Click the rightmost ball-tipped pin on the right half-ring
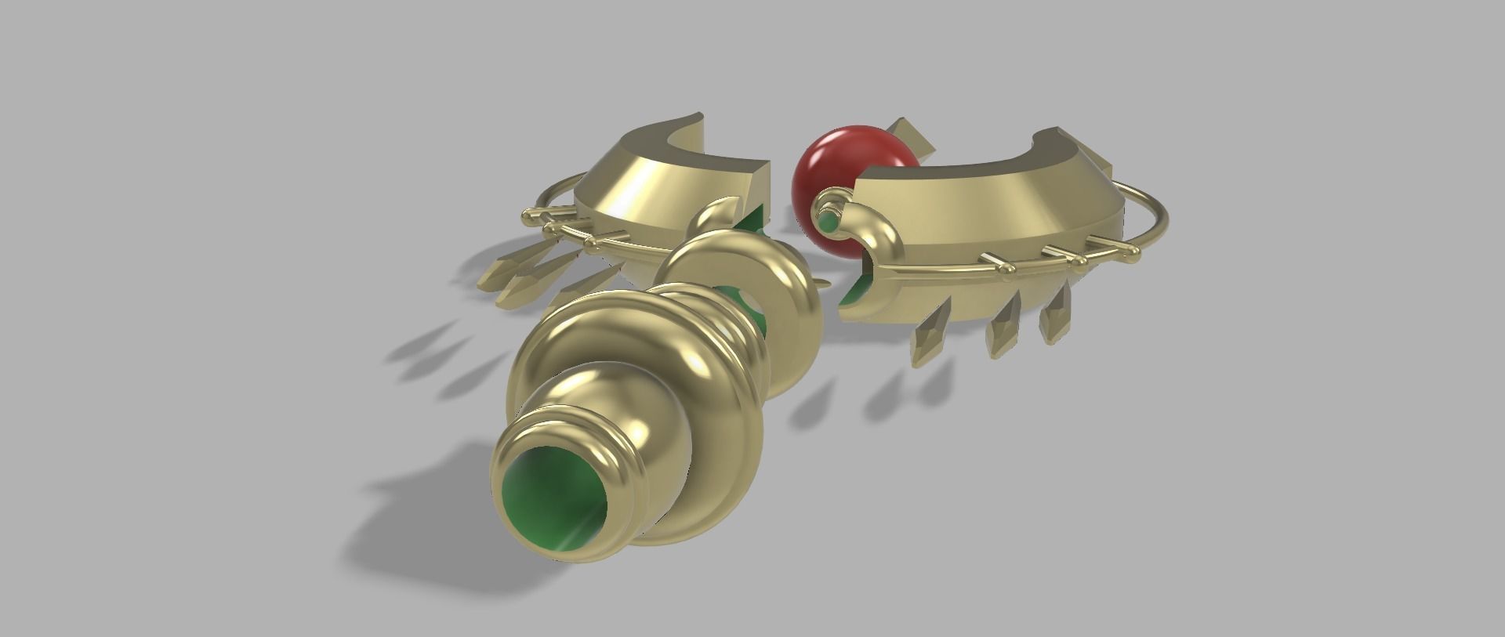pyautogui.click(x=1133, y=250)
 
